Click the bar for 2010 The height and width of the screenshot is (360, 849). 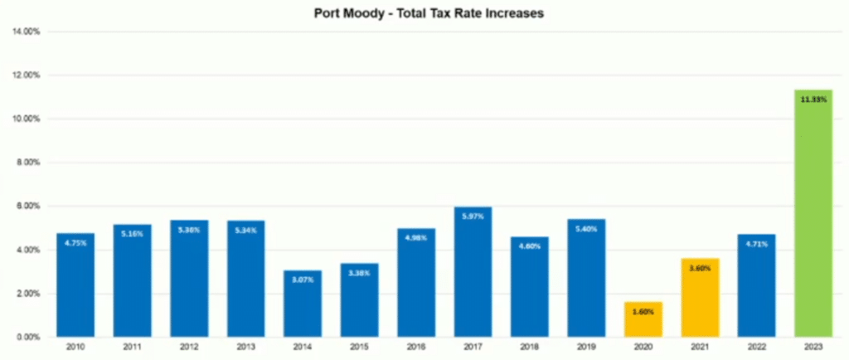coord(75,285)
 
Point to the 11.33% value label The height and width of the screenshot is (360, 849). coord(813,100)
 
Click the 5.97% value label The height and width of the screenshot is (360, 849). coord(473,216)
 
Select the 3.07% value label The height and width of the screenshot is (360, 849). coord(302,280)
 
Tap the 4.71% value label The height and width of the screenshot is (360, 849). coord(756,244)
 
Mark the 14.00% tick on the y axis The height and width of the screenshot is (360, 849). coord(28,32)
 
